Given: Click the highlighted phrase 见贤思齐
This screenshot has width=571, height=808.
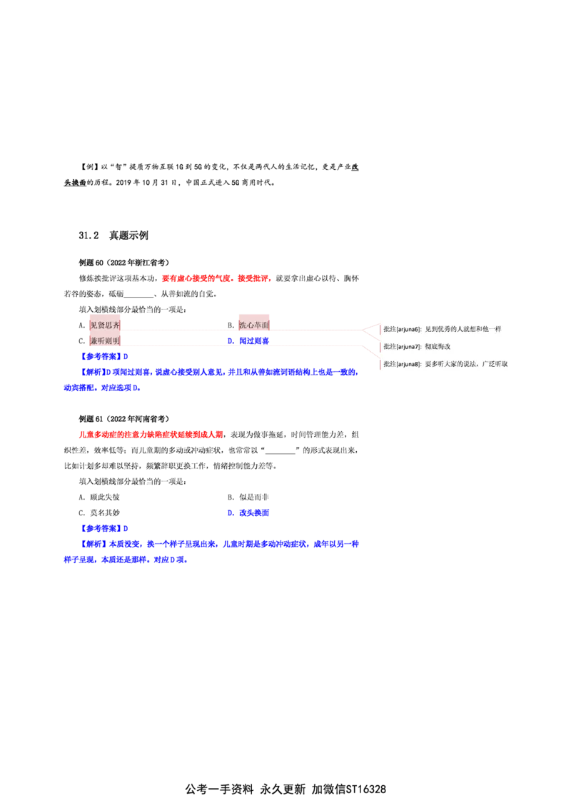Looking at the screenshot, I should (x=105, y=325).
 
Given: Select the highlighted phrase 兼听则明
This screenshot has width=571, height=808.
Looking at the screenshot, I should (x=105, y=342).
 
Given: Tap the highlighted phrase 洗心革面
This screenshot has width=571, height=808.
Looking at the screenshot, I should (x=254, y=325).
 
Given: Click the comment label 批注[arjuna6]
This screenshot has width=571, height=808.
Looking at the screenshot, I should (x=402, y=329).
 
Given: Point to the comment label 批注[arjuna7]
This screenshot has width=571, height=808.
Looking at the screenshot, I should (x=402, y=347).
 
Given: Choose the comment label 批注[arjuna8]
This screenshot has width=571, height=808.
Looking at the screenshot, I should (x=402, y=364).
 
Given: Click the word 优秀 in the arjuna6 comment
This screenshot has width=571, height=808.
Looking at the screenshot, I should (x=448, y=329).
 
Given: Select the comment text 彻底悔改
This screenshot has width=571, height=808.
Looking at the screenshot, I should (x=437, y=347).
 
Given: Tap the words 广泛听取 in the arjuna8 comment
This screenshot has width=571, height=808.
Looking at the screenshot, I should (x=495, y=364).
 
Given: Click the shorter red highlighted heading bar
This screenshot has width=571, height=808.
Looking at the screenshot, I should (x=216, y=279).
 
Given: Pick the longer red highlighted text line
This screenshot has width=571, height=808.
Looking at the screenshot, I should (x=150, y=434).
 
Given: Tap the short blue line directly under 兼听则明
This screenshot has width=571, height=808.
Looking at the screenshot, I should (x=104, y=355).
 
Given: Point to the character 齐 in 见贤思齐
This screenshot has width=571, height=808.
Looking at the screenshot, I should (x=116, y=325).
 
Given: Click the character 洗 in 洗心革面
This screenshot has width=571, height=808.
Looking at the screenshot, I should (x=243, y=325).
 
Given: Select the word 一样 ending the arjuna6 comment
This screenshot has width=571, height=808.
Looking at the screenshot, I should (x=495, y=329).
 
